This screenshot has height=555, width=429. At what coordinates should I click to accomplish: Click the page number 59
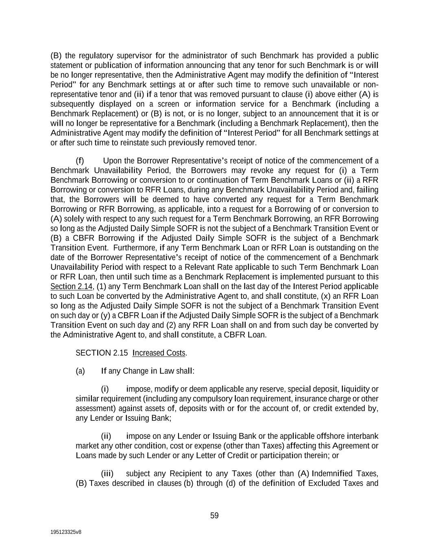pyautogui.click(x=214, y=516)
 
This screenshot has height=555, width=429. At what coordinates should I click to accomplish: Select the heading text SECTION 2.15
pyautogui.click(x=99, y=353)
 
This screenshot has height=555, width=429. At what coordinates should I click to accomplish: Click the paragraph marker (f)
pyautogui.click(x=80, y=161)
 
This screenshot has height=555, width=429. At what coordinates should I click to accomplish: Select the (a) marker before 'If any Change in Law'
pyautogui.click(x=80, y=371)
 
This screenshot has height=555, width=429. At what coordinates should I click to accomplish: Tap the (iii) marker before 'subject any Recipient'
pyautogui.click(x=107, y=473)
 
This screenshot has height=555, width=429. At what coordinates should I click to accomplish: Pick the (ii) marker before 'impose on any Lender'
pyautogui.click(x=106, y=436)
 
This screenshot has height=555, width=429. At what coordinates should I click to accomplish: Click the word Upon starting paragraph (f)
pyautogui.click(x=112, y=161)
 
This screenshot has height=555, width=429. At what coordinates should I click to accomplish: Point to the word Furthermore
pyautogui.click(x=134, y=248)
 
